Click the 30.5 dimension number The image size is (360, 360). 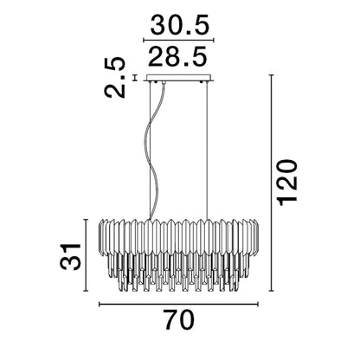pos(179,25)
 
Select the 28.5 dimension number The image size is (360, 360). pos(178,55)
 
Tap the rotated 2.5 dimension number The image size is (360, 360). pos(115,78)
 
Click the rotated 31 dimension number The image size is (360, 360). pos(70,257)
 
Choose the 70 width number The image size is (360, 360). pos(180,319)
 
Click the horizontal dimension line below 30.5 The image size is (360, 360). pos(178,40)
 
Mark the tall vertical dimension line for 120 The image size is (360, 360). pos(271,183)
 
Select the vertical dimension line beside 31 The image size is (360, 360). pos(86,255)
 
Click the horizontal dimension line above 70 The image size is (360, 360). pos(178,304)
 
